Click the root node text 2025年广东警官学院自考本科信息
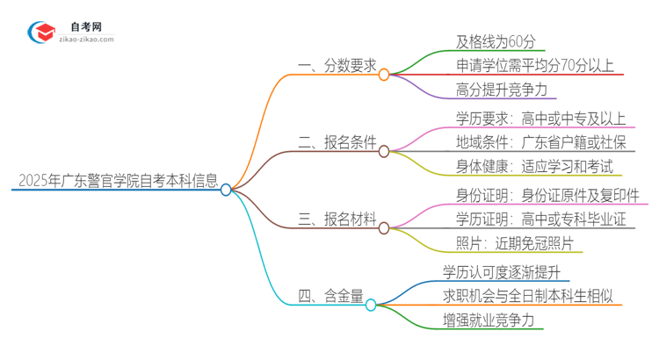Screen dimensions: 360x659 pyautogui.click(x=116, y=182)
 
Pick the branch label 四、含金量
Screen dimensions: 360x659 pyautogui.click(x=330, y=297)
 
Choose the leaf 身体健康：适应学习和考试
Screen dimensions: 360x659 pyautogui.click(x=533, y=165)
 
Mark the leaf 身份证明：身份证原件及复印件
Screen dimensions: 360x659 pyautogui.click(x=547, y=194)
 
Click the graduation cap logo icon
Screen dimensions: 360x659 pyautogui.click(x=41, y=32)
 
